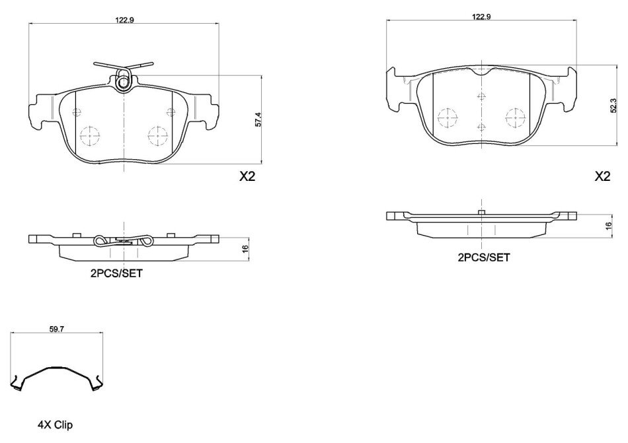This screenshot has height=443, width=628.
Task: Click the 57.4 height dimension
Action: click(x=258, y=119)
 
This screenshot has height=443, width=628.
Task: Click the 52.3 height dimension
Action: click(x=613, y=106)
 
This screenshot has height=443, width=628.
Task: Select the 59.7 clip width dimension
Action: click(x=56, y=329)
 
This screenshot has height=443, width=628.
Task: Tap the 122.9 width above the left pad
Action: click(x=124, y=20)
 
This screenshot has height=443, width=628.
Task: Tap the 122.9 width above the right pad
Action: click(x=481, y=17)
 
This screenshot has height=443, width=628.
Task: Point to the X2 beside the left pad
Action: click(x=247, y=176)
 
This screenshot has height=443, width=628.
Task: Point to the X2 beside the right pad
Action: click(x=602, y=176)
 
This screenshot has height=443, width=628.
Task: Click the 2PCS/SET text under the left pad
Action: click(x=116, y=273)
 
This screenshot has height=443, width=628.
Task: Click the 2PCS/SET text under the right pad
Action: click(x=484, y=257)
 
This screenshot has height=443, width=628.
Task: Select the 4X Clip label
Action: click(x=56, y=425)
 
